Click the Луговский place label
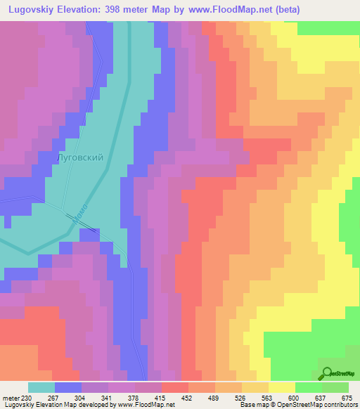pos(79,157)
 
